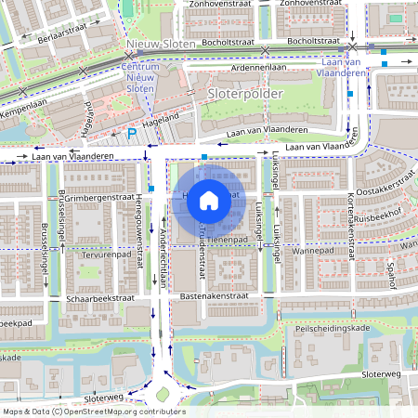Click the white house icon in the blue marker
[x=209, y=200]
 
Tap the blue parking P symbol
[x=131, y=135]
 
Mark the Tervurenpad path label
[x=102, y=254]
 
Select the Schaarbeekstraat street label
[x=99, y=299]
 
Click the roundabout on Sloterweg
[x=168, y=392]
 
